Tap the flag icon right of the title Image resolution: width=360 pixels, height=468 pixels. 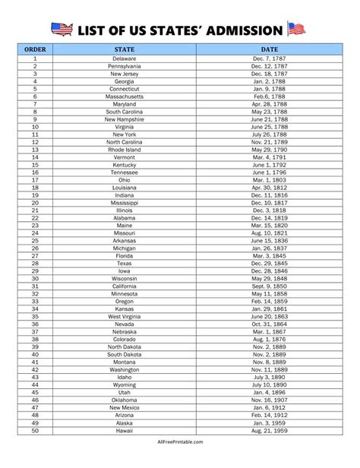coord(296,30)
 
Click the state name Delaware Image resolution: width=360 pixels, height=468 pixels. coord(124,58)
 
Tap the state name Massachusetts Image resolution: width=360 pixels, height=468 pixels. coord(124,96)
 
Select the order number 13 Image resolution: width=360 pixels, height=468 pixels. coord(35,150)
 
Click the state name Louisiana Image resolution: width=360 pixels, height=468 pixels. coord(124,188)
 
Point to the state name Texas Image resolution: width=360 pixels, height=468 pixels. coord(124,263)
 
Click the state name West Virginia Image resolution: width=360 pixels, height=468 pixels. coord(124,316)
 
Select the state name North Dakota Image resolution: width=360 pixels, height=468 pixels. coord(124,346)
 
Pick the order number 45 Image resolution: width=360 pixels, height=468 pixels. coord(35,392)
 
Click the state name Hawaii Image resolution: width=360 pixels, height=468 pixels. coord(124,430)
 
